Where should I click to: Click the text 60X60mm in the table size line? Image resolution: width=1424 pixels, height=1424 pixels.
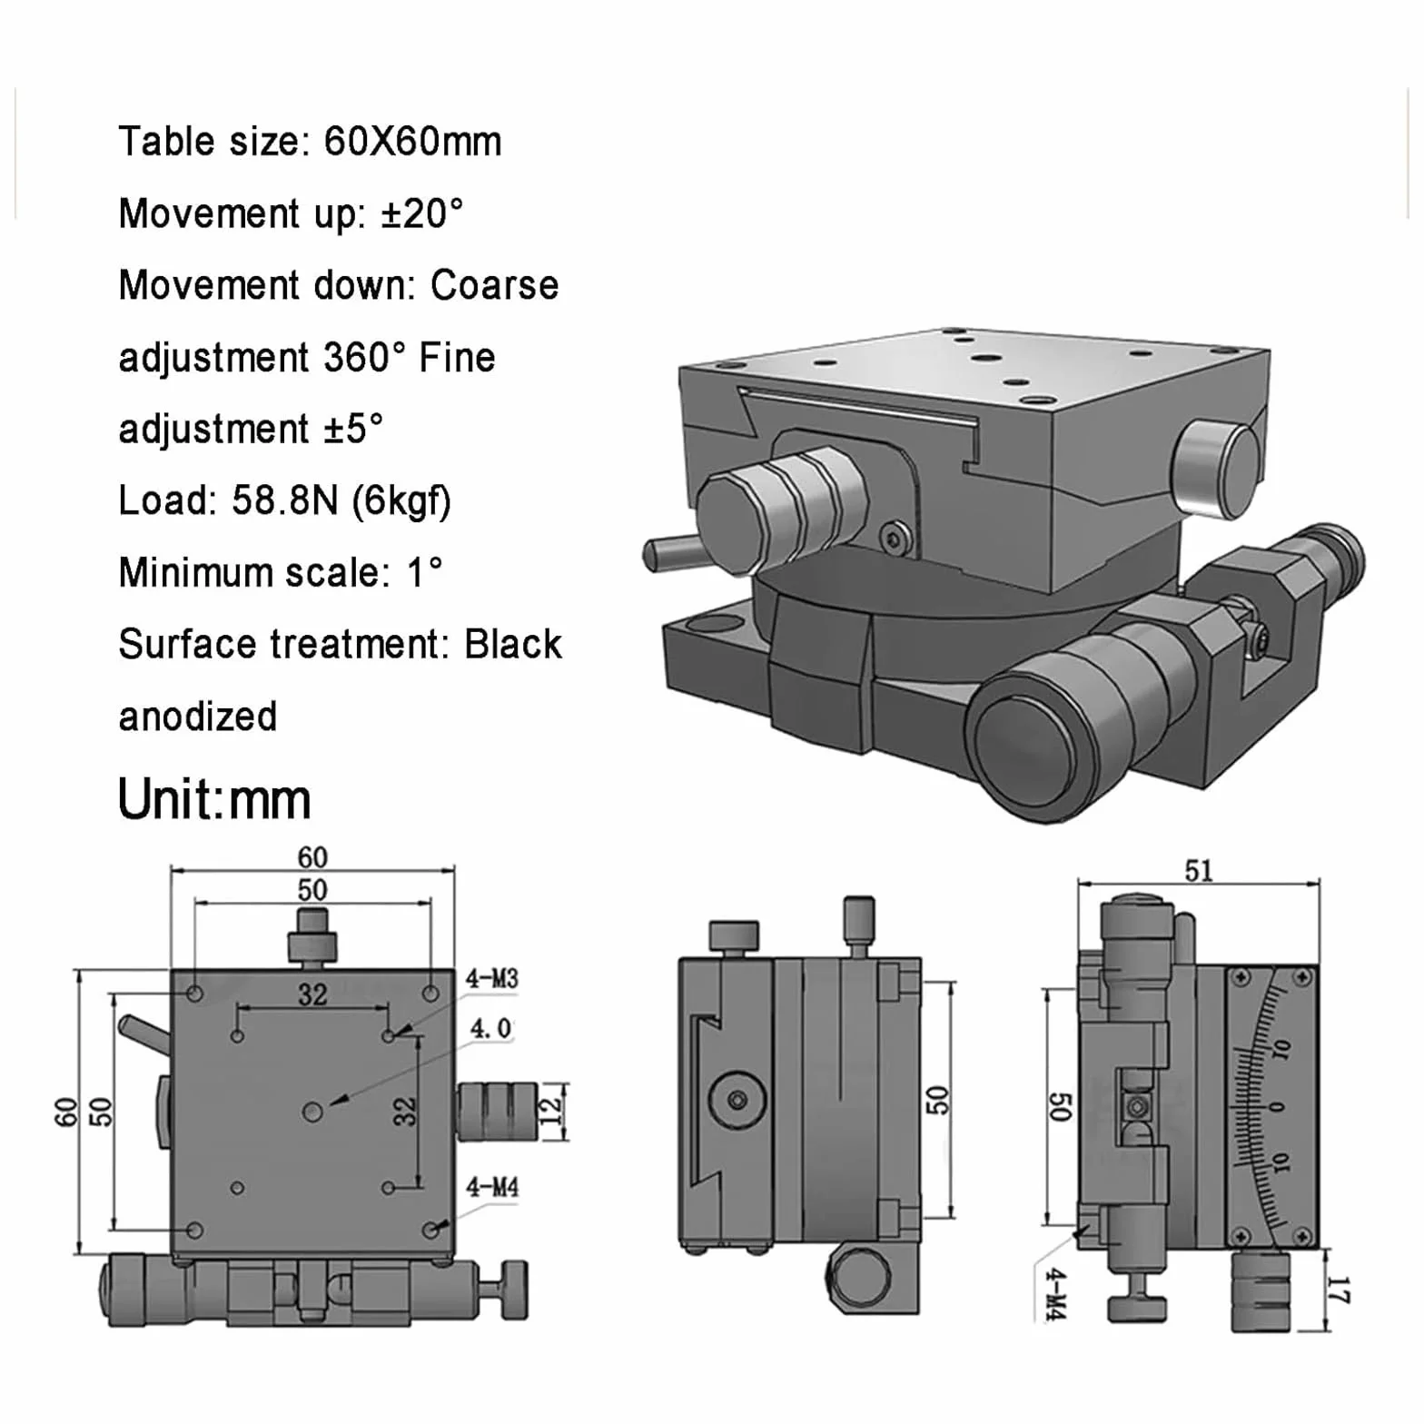[412, 142]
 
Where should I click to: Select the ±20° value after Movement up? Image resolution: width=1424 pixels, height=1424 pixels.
[421, 213]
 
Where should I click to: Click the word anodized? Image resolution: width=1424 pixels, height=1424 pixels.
[198, 717]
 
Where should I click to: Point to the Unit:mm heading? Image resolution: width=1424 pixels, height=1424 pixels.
[214, 799]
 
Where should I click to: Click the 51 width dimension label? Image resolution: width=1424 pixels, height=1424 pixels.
[1199, 871]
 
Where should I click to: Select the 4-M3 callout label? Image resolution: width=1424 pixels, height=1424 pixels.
[491, 978]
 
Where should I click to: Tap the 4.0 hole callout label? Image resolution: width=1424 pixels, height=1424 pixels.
[490, 1029]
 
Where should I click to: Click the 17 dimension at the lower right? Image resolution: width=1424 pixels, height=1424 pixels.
[1339, 1290]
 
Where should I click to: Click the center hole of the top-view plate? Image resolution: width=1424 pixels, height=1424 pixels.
[312, 1111]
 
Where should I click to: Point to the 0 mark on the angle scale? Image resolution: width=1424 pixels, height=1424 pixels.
[1279, 1106]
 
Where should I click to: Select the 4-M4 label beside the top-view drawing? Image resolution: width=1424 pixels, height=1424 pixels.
[491, 1187]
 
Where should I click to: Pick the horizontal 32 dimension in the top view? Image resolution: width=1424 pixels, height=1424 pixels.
[312, 994]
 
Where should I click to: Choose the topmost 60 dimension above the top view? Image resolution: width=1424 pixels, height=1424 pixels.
[312, 857]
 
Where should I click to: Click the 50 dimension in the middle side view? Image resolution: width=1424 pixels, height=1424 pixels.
[937, 1099]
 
